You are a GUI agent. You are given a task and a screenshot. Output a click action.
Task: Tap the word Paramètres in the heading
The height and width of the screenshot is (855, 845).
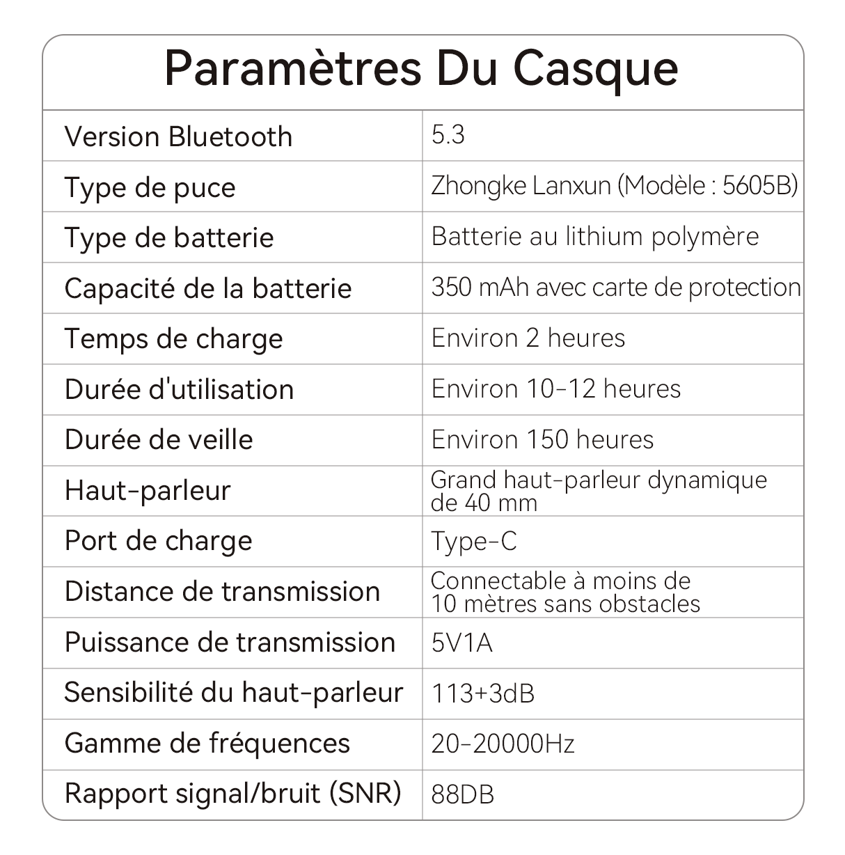pyautogui.click(x=293, y=68)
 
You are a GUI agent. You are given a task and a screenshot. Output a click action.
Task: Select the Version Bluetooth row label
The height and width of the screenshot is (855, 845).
pyautogui.click(x=178, y=136)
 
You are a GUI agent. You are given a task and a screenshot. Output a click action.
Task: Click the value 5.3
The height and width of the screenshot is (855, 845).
pyautogui.click(x=448, y=135)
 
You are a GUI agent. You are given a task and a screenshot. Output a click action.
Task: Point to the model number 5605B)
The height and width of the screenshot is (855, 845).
pyautogui.click(x=760, y=186)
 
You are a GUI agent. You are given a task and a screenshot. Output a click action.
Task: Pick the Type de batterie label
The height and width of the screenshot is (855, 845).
pyautogui.click(x=169, y=238)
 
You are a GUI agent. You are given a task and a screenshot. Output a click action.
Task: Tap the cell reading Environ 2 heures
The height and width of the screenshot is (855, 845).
pyautogui.click(x=528, y=338)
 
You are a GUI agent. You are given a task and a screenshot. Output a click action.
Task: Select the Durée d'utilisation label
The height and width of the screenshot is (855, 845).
pyautogui.click(x=179, y=389)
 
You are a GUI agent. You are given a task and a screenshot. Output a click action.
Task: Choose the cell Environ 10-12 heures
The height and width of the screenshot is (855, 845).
pyautogui.click(x=555, y=389)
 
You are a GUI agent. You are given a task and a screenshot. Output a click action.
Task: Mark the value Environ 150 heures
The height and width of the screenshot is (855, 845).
pyautogui.click(x=542, y=439)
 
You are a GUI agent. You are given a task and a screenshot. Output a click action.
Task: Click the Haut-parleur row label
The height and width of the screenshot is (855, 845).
pyautogui.click(x=148, y=490)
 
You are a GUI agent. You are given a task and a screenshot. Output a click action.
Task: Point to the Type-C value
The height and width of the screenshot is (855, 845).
pyautogui.click(x=474, y=541)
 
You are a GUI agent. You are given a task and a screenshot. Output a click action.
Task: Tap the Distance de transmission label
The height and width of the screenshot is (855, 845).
pyautogui.click(x=222, y=592)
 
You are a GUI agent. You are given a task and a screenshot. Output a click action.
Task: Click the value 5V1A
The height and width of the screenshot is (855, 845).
pyautogui.click(x=461, y=643)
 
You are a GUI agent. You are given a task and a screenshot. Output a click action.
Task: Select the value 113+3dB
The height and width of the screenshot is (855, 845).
pyautogui.click(x=483, y=693)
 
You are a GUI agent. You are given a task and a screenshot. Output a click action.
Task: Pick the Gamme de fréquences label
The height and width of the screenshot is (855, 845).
pyautogui.click(x=207, y=744)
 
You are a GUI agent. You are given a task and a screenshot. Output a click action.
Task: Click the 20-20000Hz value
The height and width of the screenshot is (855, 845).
pyautogui.click(x=503, y=744)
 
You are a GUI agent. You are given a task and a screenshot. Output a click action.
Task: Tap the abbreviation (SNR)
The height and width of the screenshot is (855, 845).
pyautogui.click(x=365, y=793)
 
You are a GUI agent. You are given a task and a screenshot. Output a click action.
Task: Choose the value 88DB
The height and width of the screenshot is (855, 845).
pyautogui.click(x=462, y=794)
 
